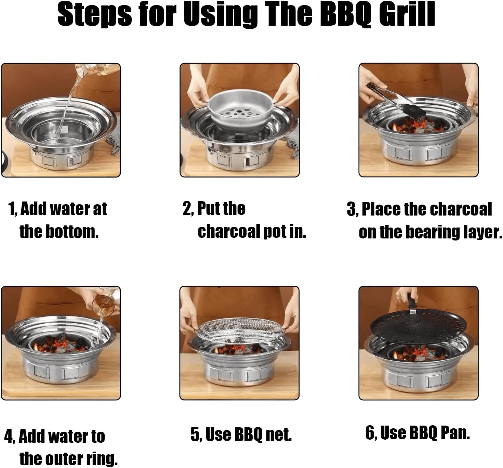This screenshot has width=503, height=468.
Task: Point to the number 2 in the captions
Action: click(x=187, y=209)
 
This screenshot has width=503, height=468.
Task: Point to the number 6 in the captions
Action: click(x=370, y=433)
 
